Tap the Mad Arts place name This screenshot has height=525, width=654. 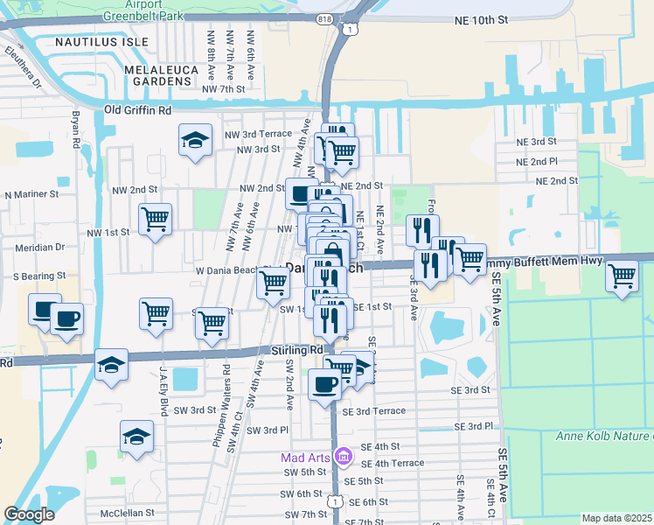click(306, 457)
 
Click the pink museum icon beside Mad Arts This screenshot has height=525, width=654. click(344, 457)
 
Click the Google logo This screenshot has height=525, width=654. click(29, 514)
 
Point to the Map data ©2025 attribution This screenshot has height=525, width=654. click(617, 518)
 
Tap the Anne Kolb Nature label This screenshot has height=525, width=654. click(604, 436)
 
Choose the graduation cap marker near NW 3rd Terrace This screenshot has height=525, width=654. click(195, 140)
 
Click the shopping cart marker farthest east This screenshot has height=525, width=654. click(622, 276)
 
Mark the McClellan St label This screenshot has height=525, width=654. click(128, 513)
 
